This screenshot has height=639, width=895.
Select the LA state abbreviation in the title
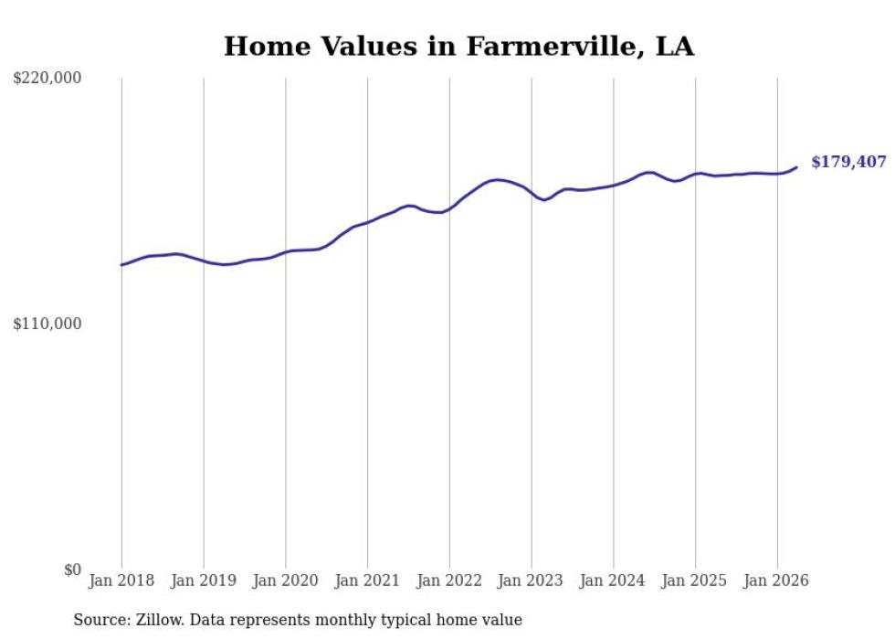click(x=675, y=47)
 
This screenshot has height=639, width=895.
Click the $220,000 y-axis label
click(x=47, y=77)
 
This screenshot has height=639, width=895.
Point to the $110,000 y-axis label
click(x=47, y=324)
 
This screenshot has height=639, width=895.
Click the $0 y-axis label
click(x=72, y=570)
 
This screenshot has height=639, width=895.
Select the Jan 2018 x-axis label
click(x=121, y=580)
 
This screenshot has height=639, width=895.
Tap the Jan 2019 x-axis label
click(x=204, y=580)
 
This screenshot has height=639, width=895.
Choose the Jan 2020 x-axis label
click(x=285, y=580)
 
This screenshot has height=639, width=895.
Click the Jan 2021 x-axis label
click(x=367, y=580)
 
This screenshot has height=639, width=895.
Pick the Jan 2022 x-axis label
click(x=449, y=580)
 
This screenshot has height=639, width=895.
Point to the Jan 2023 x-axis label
click(x=531, y=580)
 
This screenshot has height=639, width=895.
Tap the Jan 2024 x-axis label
click(x=613, y=580)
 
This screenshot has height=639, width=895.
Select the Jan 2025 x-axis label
click(x=695, y=580)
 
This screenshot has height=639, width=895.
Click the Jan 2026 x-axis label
click(x=777, y=580)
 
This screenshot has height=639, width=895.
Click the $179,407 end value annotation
click(x=848, y=163)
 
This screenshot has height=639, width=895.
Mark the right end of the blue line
click(x=796, y=167)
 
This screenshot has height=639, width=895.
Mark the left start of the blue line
click(x=121, y=264)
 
